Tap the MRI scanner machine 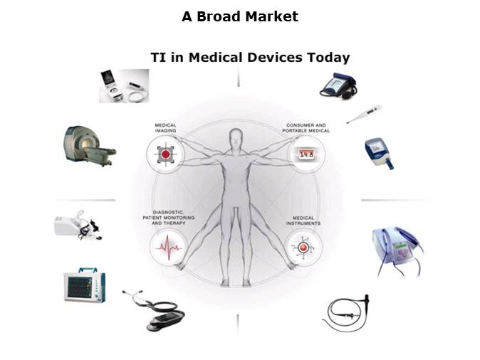[x=90, y=146]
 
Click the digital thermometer [x=364, y=115]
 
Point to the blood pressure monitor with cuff [x=338, y=85]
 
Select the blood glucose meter [x=379, y=154]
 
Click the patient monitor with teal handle [x=85, y=285]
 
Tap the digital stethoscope [x=155, y=310]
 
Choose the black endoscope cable [x=347, y=313]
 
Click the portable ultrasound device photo [x=124, y=85]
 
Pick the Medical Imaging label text [x=165, y=128]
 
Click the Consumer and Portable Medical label [x=306, y=128]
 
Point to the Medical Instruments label [x=303, y=221]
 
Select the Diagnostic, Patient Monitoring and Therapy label [x=169, y=218]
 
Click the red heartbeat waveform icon [x=168, y=247]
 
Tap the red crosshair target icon [x=166, y=154]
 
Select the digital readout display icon [x=306, y=154]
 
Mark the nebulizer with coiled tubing [x=78, y=225]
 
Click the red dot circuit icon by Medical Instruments [x=303, y=248]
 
